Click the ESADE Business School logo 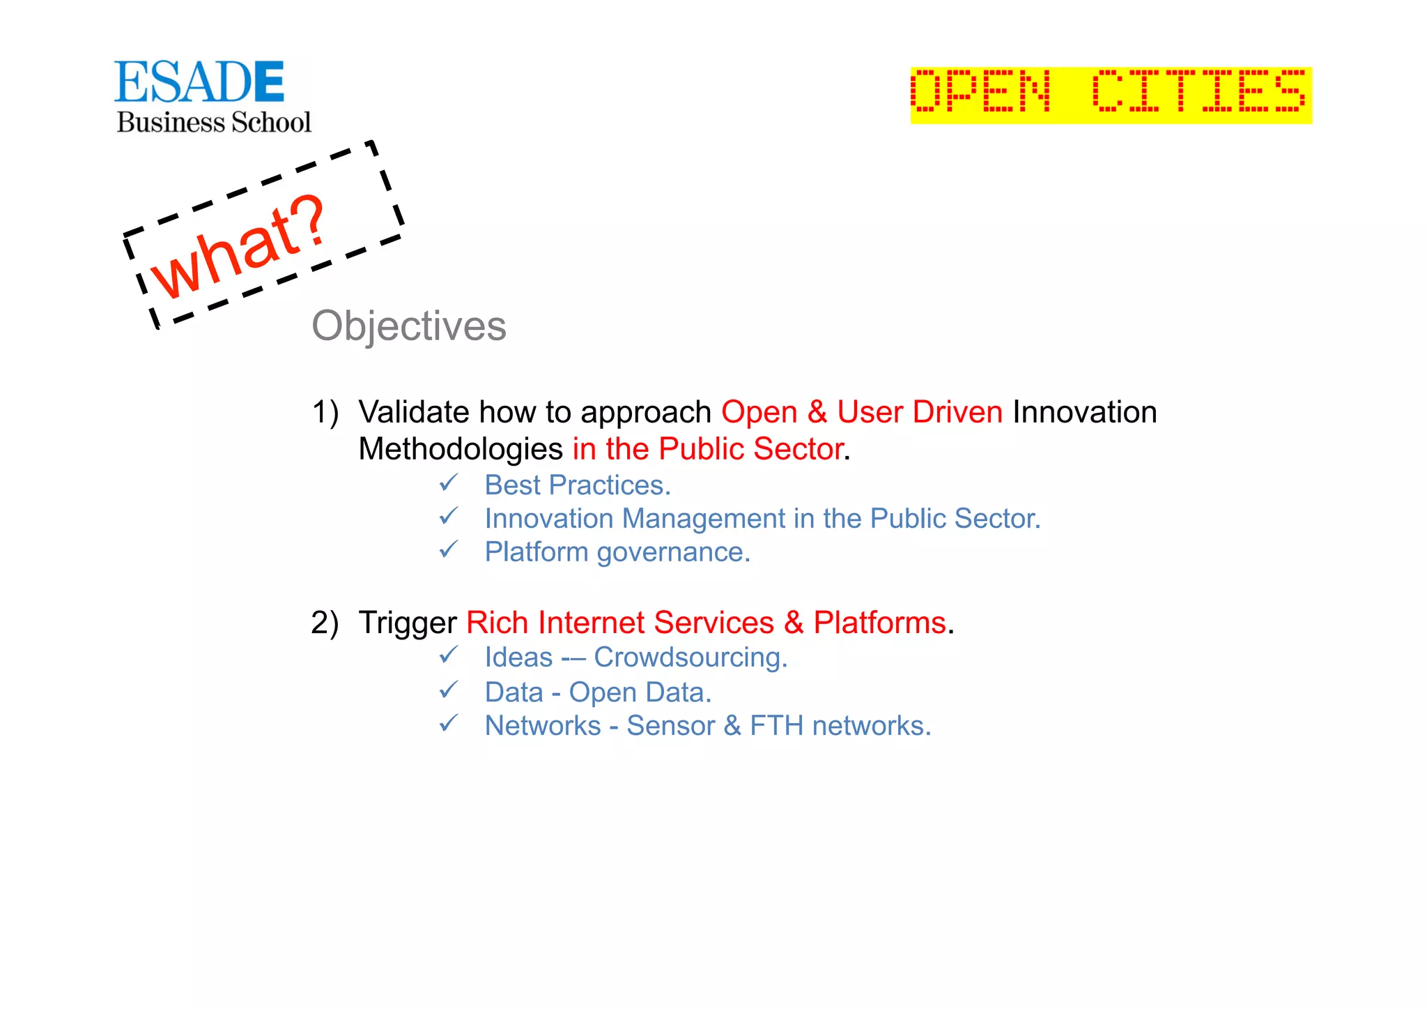tap(213, 97)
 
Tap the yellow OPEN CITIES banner tap(1111, 95)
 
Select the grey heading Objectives tap(409, 326)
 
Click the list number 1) tap(325, 412)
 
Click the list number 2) tap(325, 623)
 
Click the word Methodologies tap(460, 449)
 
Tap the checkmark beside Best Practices tap(449, 483)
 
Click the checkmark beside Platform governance tap(449, 549)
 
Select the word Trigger tap(408, 623)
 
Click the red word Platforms tap(879, 623)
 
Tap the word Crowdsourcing tap(690, 658)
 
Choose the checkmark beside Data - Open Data tap(449, 690)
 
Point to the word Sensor tap(670, 726)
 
